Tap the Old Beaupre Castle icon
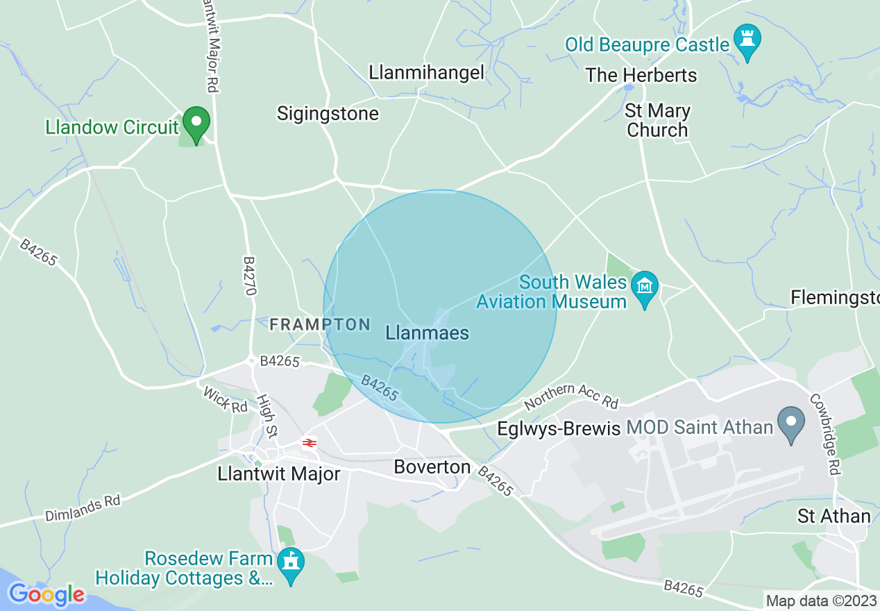[x=747, y=41]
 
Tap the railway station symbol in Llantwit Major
[x=309, y=442]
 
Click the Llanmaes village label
[x=427, y=333]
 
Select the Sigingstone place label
[x=328, y=114]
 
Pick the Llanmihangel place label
[x=426, y=73]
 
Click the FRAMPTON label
[x=320, y=324]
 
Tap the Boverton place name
[x=432, y=467]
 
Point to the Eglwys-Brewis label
[x=559, y=429]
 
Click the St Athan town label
[x=834, y=516]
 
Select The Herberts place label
[x=641, y=75]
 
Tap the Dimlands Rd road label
[x=83, y=509]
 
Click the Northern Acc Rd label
[x=571, y=396]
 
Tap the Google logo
[x=46, y=594]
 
